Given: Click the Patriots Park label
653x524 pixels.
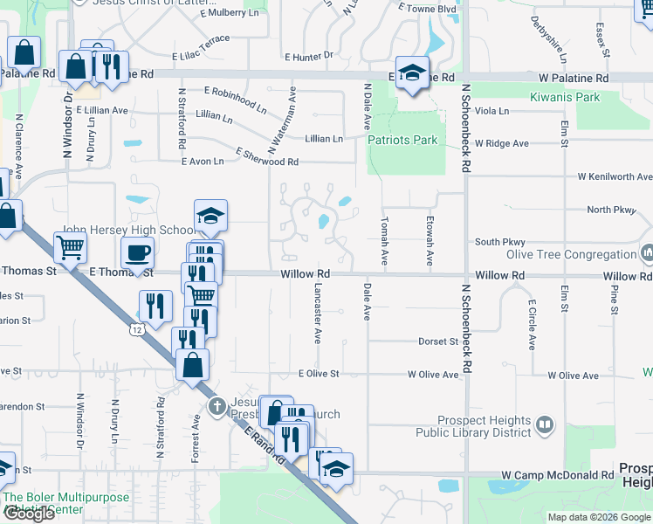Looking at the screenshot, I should [x=402, y=140].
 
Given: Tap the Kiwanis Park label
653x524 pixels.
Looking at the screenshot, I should [x=565, y=97].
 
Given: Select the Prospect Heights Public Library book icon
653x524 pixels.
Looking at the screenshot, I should [x=545, y=424].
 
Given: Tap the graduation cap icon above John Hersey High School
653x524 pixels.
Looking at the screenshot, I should [x=210, y=217].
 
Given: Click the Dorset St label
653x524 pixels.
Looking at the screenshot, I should [x=437, y=341].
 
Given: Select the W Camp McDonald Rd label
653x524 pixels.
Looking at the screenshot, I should [x=557, y=475].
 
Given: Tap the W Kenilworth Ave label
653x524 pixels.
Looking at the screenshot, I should [x=615, y=176].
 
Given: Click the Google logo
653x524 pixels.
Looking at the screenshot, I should [x=29, y=514].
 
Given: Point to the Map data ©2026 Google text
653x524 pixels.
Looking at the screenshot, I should [x=598, y=517].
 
